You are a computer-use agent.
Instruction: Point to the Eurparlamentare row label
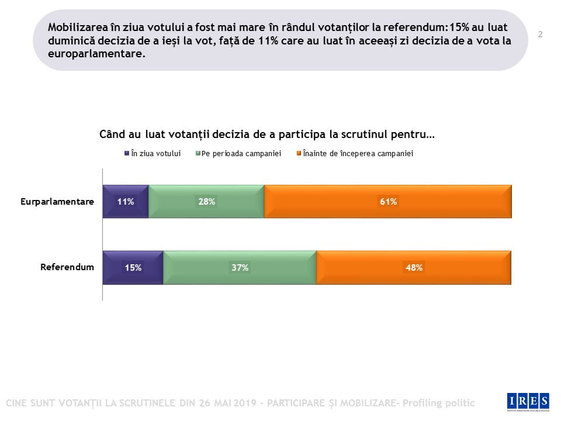pos(57,202)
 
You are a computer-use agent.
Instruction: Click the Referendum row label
pos(67,267)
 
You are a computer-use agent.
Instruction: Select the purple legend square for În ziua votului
pos(126,154)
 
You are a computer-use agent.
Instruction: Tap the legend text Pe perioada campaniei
pos(241,154)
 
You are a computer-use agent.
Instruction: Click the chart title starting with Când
pos(267,134)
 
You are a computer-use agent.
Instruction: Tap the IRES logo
pos(528,401)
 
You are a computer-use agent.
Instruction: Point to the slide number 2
pos(540,34)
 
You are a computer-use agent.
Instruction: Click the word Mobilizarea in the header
pos(78,27)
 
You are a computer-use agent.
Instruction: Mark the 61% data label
pos(389,202)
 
